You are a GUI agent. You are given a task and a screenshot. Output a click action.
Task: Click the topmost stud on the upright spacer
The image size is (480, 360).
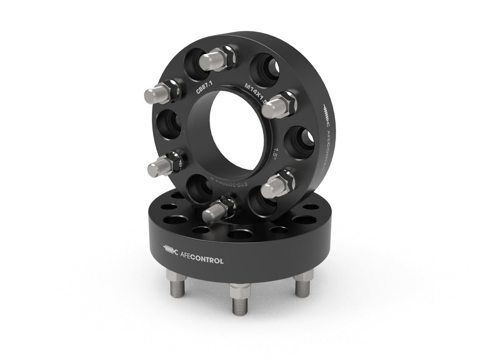217,59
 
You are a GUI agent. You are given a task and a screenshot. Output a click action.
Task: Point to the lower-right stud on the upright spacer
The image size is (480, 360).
277,185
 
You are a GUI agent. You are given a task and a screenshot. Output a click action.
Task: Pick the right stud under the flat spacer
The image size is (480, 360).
300,285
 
